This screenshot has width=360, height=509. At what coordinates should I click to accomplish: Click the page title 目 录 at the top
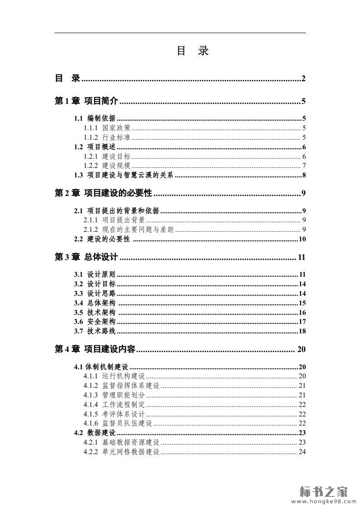[192, 51]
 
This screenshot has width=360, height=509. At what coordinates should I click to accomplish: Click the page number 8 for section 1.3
[303, 176]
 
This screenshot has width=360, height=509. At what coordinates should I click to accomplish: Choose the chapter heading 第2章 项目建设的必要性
[103, 194]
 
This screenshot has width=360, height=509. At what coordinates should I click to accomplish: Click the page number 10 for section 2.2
[302, 240]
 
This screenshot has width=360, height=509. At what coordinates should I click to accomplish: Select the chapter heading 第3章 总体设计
[86, 258]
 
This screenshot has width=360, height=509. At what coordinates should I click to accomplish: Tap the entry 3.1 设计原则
[94, 274]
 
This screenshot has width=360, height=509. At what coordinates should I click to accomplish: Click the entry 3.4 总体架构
[94, 303]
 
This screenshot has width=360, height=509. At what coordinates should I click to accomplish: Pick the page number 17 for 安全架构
[302, 322]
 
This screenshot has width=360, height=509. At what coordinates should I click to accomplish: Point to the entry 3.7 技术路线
[94, 332]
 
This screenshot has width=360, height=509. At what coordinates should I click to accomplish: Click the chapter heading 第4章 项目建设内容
[95, 349]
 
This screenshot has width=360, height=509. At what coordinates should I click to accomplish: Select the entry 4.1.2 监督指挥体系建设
[121, 386]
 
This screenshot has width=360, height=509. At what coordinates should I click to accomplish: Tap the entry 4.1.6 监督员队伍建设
[118, 424]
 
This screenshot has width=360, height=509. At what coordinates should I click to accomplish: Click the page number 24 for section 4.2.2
[302, 452]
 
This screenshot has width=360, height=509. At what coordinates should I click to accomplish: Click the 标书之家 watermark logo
[323, 491]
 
